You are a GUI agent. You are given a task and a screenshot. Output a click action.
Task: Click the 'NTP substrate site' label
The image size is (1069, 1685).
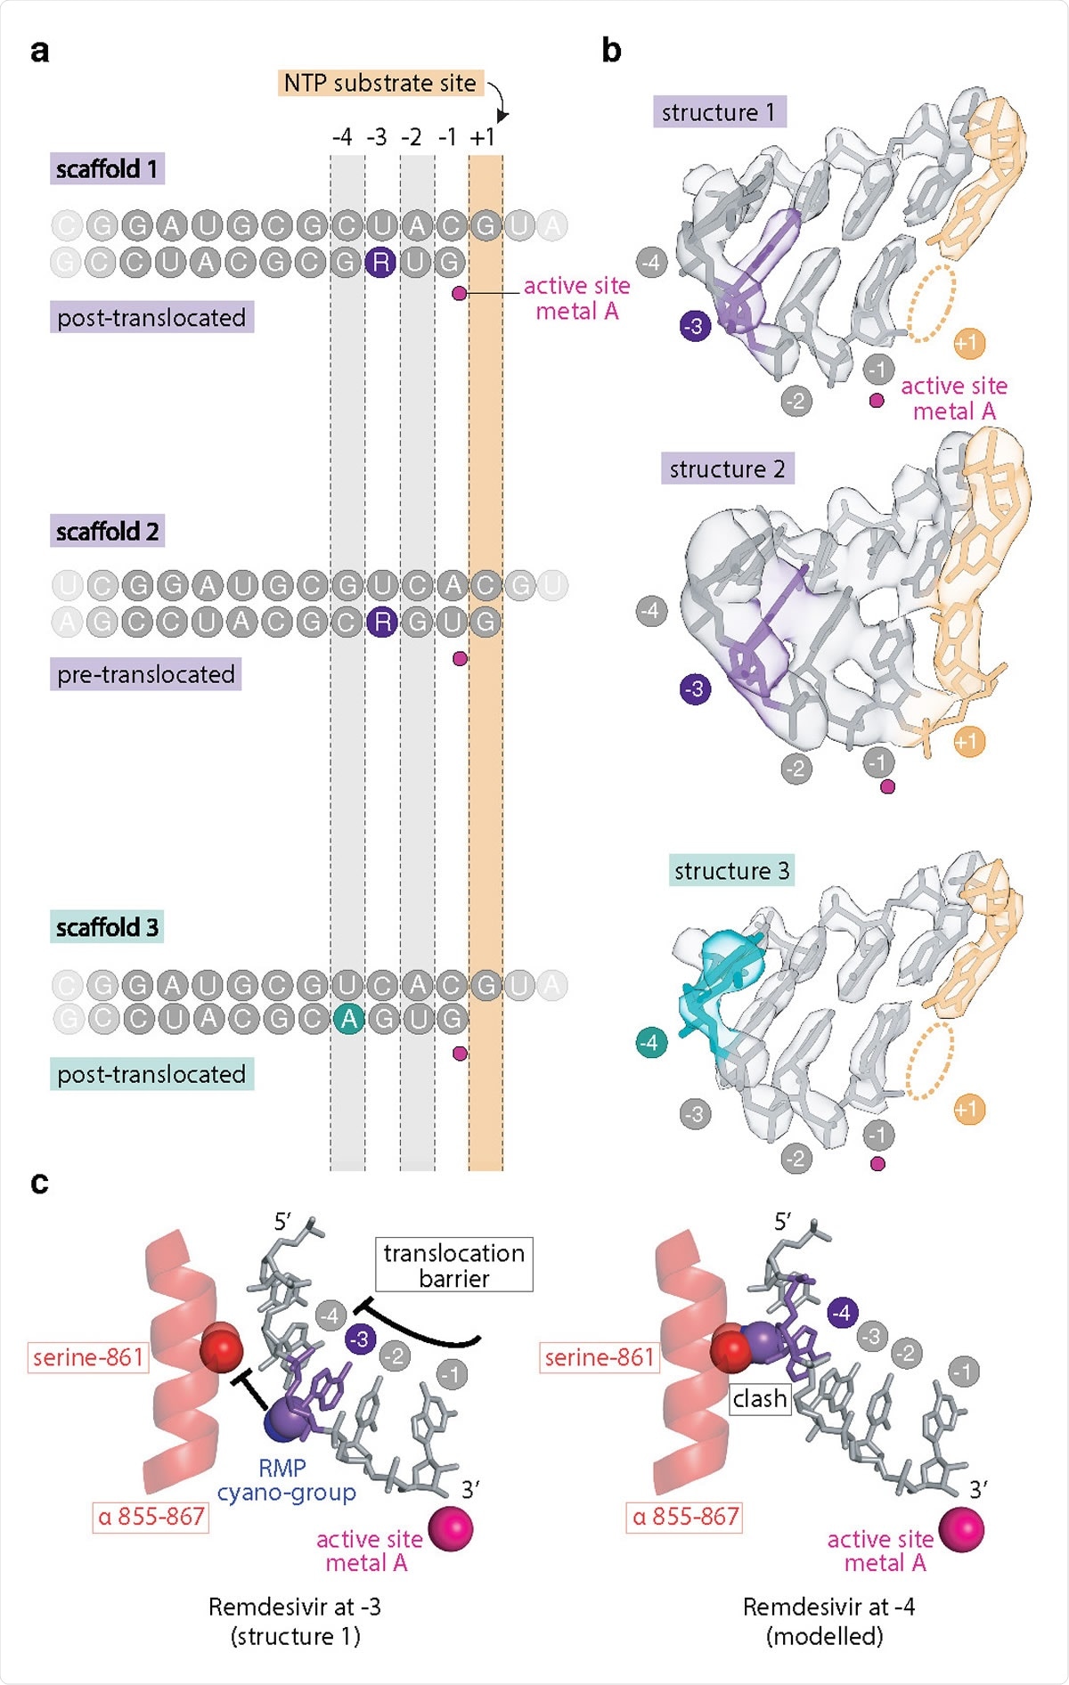380,84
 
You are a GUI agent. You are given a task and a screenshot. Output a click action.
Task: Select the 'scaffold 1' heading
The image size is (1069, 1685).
107,168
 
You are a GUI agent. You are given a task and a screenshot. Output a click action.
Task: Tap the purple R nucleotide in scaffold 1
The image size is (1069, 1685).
380,262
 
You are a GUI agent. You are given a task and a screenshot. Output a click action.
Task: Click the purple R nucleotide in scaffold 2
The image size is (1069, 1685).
381,622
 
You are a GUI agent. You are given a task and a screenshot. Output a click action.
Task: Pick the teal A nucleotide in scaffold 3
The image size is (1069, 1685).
347,1018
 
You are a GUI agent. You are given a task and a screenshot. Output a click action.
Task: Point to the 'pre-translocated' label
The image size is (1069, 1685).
145,674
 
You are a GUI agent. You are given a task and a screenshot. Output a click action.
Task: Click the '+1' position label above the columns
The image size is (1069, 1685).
484,137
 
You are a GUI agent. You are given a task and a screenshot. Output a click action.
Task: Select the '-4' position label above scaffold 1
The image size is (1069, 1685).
342,137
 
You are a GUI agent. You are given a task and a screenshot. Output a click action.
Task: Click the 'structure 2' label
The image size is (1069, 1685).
727,468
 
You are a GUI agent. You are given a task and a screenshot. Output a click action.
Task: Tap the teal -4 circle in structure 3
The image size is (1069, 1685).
651,1042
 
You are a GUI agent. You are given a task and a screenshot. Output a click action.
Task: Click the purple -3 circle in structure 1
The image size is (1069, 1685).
695,326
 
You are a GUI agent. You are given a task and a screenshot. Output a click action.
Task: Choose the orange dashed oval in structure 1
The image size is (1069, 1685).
931,302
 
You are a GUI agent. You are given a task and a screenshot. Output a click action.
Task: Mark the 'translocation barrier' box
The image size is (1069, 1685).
453,1265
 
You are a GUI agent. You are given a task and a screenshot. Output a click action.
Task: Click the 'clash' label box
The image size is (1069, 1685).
759,1398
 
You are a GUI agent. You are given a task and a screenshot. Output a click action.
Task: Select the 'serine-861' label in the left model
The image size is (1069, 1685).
88,1357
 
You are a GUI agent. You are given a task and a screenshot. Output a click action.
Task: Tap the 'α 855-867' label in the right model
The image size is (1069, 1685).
685,1516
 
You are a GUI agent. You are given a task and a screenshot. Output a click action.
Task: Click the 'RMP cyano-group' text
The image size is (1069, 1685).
285,1480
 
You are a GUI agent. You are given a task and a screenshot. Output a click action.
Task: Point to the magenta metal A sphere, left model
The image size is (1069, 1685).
451,1529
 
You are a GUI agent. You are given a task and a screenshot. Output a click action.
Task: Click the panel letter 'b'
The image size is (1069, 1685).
611,51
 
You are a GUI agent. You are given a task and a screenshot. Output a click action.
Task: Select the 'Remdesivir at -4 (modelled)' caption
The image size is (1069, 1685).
828,1621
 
